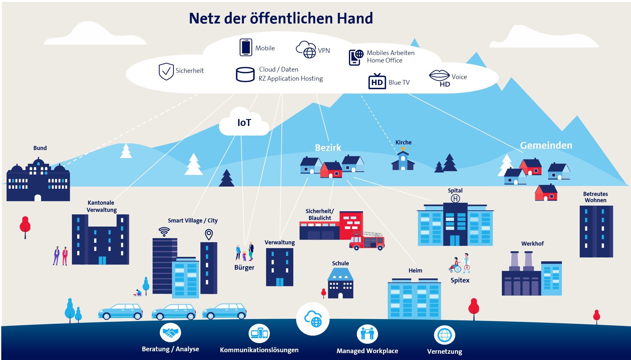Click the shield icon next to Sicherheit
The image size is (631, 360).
[166, 71]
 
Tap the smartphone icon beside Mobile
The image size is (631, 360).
[246, 47]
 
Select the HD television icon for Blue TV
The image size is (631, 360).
[377, 81]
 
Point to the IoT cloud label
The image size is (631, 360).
[244, 123]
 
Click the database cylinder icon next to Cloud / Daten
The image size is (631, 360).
[245, 75]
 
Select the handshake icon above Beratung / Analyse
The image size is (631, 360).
[170, 333]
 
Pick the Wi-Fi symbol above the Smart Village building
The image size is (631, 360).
[164, 232]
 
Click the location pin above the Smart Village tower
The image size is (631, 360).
[209, 234]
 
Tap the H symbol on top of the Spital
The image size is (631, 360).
[455, 198]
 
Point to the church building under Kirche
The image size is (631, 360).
[403, 160]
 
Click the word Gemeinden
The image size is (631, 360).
[546, 145]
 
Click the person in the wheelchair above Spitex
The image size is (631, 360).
[455, 265]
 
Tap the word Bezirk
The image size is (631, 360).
[328, 147]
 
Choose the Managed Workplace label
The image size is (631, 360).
[367, 351]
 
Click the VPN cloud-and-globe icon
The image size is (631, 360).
[306, 49]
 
